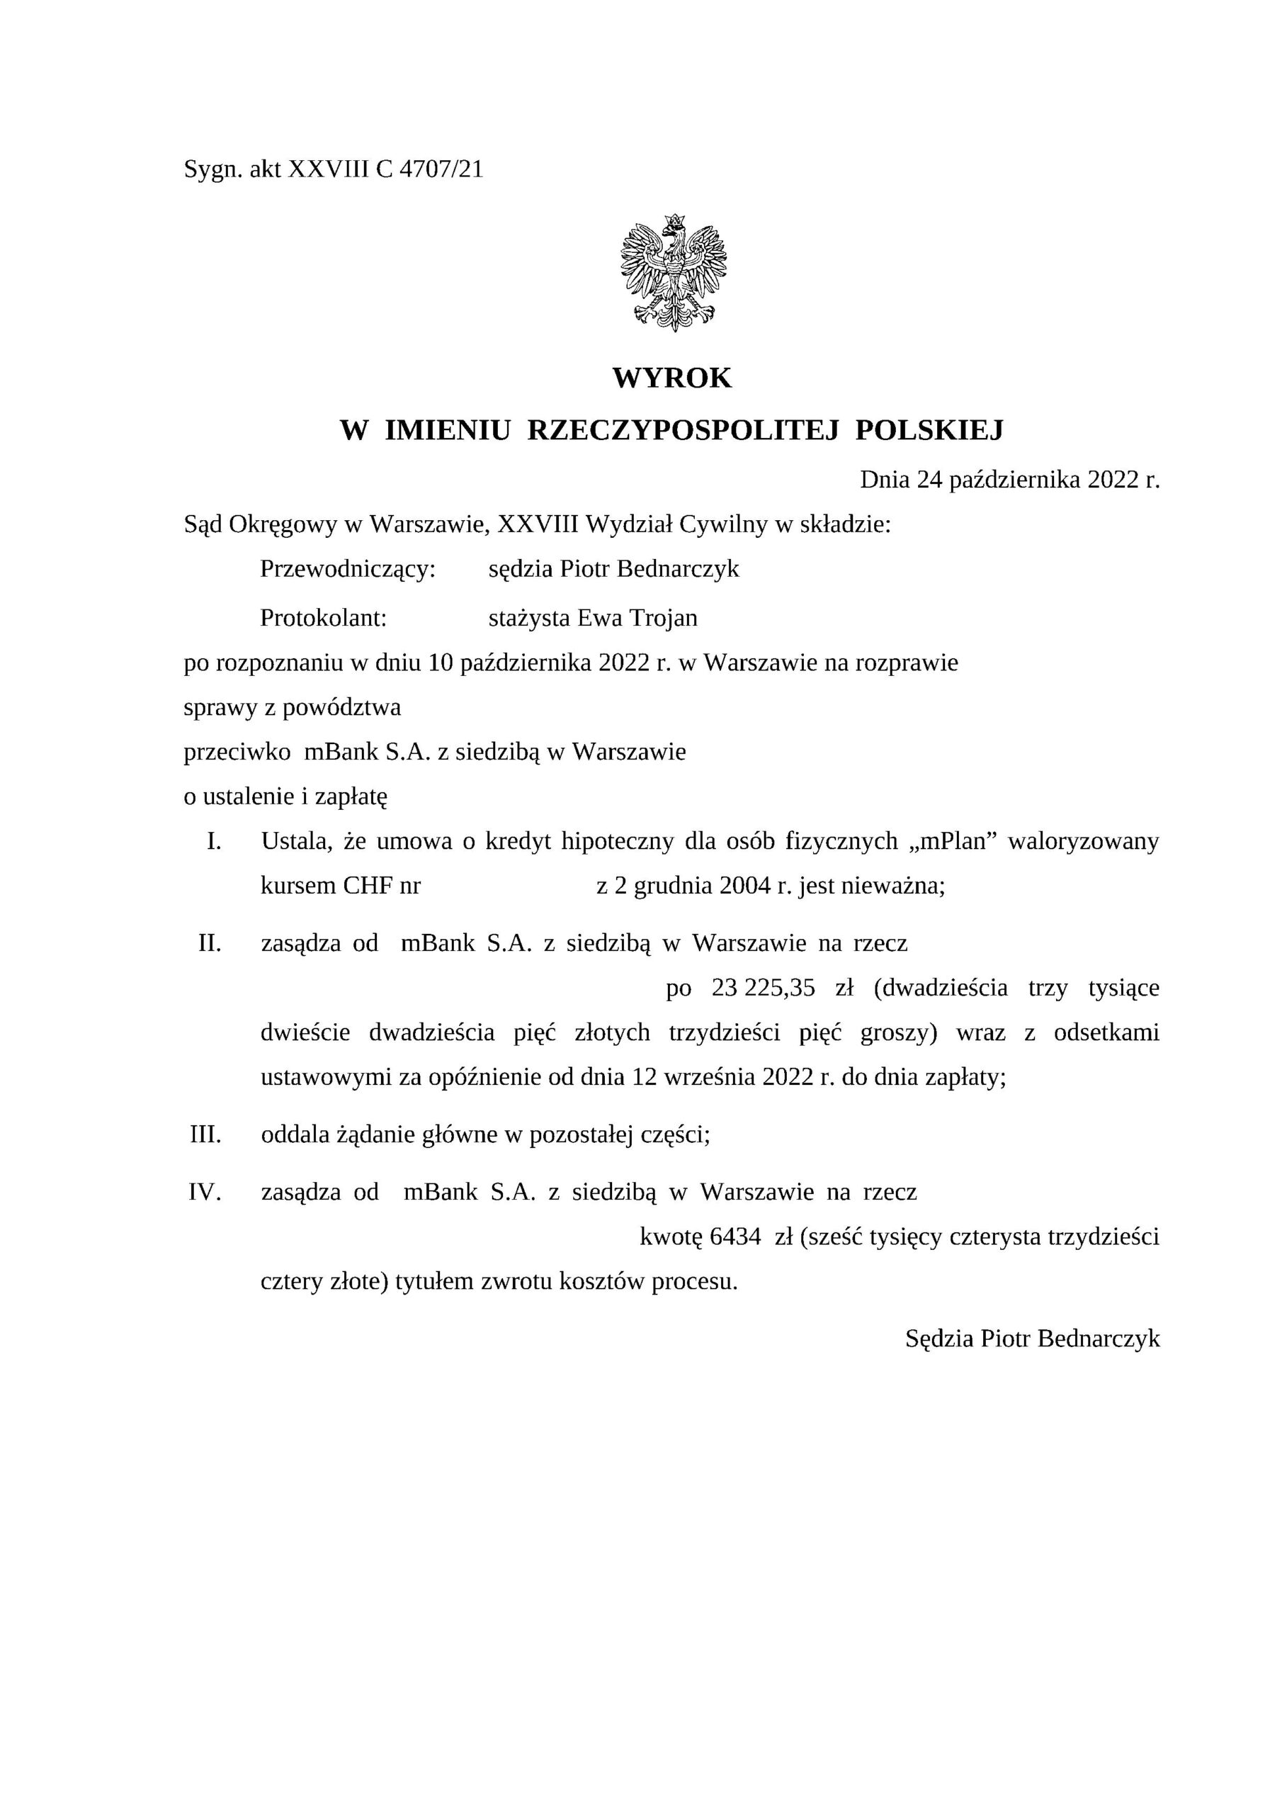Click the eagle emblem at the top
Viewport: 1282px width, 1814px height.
[673, 272]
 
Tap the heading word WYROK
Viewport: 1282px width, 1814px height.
[672, 378]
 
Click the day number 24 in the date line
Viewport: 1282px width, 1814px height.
[930, 480]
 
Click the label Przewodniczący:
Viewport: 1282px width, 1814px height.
[348, 569]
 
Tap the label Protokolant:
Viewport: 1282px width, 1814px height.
[323, 618]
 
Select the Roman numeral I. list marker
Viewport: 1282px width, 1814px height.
[213, 841]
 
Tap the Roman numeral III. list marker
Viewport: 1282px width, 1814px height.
[205, 1135]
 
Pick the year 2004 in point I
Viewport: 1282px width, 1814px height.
[745, 886]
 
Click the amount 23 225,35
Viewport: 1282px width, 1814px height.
[763, 988]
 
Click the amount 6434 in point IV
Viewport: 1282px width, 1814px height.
[735, 1236]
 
